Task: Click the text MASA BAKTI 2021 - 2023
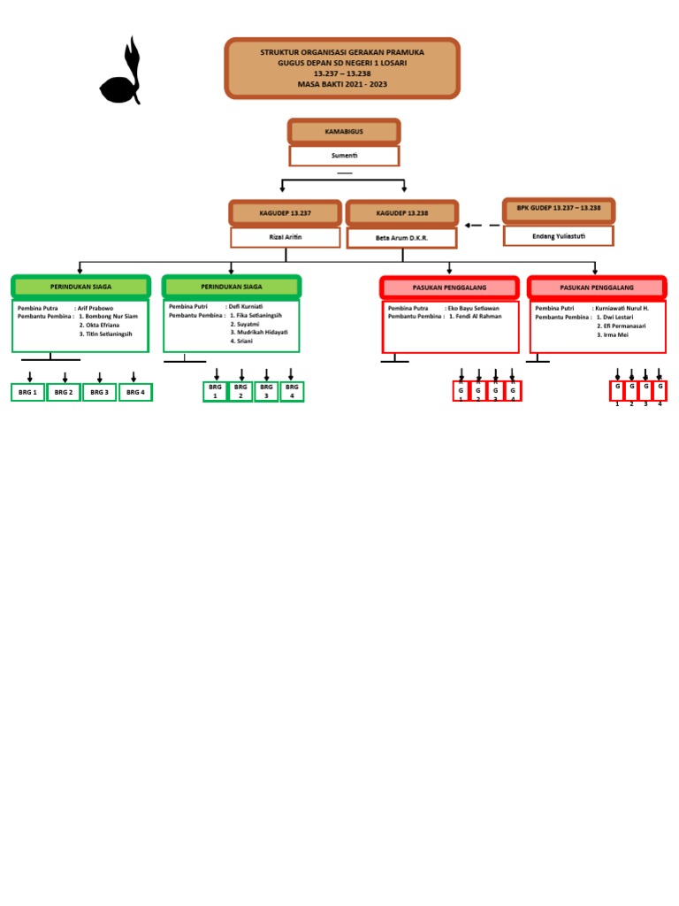(x=342, y=84)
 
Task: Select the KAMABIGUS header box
(x=344, y=132)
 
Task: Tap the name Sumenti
(x=344, y=156)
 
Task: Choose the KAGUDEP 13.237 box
(x=286, y=213)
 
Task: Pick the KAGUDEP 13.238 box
(x=402, y=213)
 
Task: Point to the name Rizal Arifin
(x=286, y=237)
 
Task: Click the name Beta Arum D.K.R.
(x=402, y=238)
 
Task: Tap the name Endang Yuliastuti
(x=559, y=235)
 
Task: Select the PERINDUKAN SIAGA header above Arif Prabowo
(x=80, y=287)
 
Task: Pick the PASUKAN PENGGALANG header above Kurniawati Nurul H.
(x=597, y=288)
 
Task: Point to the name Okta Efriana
(x=99, y=325)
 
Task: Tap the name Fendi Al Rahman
(x=477, y=316)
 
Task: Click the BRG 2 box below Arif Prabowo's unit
(x=64, y=392)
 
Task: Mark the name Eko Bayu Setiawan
(x=480, y=308)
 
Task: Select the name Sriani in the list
(x=243, y=341)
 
